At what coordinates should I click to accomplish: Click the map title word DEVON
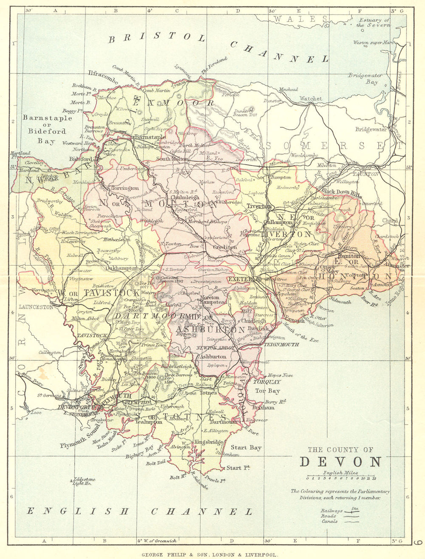coord(340,462)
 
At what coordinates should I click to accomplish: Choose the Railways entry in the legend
coord(330,511)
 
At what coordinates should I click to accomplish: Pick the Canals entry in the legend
coord(329,521)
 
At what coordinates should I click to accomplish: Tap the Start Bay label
coord(246,447)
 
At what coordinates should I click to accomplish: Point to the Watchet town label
coord(311,98)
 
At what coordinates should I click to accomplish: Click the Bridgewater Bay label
coord(365,79)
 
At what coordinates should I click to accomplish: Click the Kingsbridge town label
coord(209,442)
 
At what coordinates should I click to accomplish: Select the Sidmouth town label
coord(340,302)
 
